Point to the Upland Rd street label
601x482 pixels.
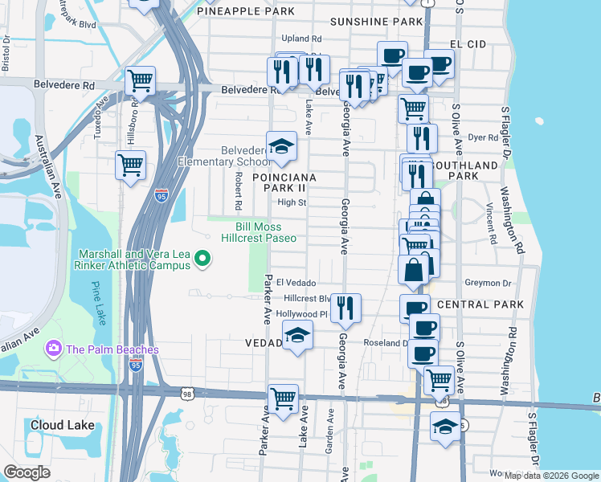click(301, 38)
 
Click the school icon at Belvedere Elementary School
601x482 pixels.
click(281, 147)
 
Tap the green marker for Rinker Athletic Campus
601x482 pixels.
click(202, 258)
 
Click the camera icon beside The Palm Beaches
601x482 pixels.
click(54, 349)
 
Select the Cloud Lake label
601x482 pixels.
click(62, 425)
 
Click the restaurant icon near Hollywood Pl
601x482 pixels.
click(345, 308)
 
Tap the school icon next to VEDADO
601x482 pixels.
click(297, 336)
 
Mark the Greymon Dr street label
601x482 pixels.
click(489, 283)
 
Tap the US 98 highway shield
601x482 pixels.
click(186, 393)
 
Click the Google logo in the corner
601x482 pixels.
click(27, 472)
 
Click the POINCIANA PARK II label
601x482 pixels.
click(284, 182)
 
